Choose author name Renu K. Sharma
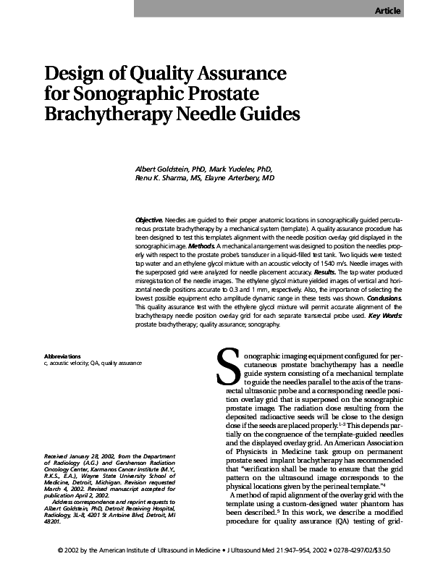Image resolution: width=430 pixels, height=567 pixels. click(x=166, y=177)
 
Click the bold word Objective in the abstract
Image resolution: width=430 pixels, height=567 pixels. click(x=148, y=219)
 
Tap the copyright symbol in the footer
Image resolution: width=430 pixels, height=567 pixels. click(x=60, y=552)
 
